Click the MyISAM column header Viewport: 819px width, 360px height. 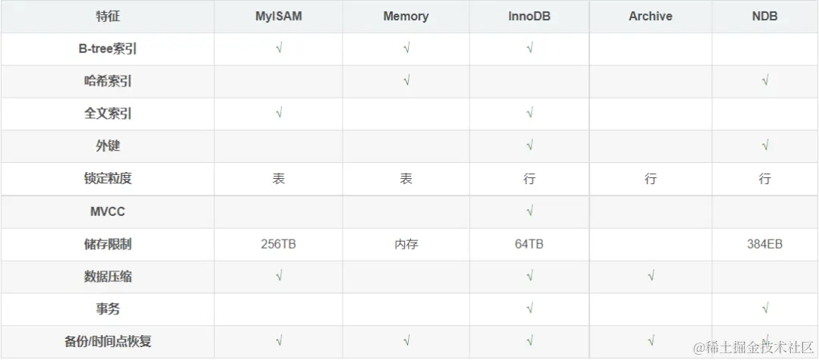278,16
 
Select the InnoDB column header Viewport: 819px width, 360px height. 529,16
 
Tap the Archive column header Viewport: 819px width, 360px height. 651,16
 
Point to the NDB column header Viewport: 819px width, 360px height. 764,16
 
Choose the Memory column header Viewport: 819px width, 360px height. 406,16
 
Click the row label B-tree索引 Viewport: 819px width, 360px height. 107,49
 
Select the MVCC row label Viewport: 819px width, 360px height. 107,211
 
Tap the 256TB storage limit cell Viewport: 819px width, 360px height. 278,244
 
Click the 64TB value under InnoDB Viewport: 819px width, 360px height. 529,244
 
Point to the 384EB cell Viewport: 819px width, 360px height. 764,244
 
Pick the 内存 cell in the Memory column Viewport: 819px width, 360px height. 406,244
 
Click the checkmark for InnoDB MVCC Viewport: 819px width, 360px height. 529,211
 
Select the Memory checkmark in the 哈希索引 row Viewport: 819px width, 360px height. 406,80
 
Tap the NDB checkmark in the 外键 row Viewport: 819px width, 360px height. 764,146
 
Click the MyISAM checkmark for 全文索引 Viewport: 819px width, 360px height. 279,113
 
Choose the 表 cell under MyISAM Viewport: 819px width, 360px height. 278,179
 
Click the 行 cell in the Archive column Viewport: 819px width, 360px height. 651,179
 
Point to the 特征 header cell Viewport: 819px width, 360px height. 107,16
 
